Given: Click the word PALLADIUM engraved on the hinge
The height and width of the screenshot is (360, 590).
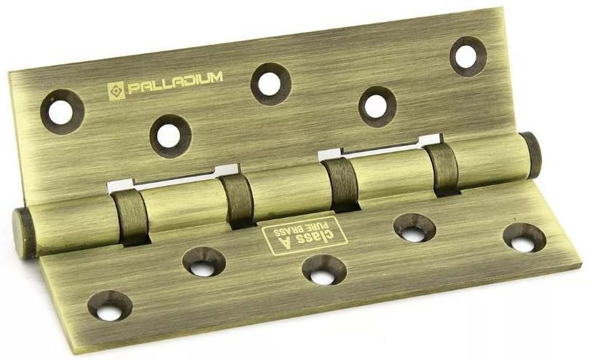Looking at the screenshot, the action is (176, 83).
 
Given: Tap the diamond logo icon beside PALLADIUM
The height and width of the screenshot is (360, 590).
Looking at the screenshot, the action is (117, 91).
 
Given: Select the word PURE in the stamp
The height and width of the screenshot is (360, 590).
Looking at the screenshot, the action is (321, 227).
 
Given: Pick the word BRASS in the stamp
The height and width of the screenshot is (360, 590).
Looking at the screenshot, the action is (296, 230).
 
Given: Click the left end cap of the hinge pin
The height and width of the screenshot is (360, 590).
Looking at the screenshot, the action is (25, 233).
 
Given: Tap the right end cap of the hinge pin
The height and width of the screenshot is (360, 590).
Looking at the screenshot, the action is (530, 155).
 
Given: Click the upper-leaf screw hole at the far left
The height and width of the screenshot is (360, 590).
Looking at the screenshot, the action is (62, 111).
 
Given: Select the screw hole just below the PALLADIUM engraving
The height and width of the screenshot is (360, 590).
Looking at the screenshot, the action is (170, 136).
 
